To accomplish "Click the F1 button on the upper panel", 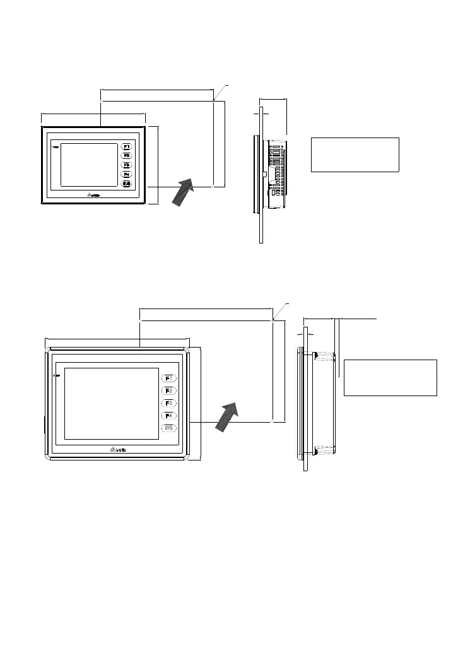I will (126, 146).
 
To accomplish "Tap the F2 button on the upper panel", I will (126, 155).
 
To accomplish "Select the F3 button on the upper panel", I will (126, 165).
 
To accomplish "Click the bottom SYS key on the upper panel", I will (126, 184).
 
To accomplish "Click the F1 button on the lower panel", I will (169, 378).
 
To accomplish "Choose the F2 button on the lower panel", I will (169, 390).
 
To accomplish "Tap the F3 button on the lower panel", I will (169, 403).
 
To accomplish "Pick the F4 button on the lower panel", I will (169, 415).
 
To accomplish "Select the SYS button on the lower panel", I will (169, 428).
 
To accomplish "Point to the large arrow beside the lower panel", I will (228, 416).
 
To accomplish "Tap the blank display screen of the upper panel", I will (89, 164).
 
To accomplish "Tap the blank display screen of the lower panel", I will (112, 403).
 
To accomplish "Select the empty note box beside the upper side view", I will (355, 155).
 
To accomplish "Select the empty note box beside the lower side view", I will (390, 378).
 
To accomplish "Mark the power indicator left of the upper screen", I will (56, 148).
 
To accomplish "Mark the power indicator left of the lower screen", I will (57, 376).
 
